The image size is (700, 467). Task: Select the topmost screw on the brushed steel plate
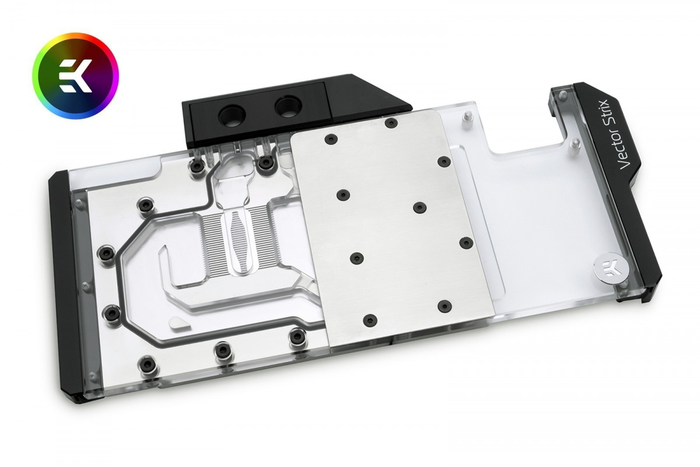click(391, 122)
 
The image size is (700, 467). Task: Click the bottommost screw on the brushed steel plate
click(369, 320)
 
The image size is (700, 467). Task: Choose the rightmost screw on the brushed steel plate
click(466, 242)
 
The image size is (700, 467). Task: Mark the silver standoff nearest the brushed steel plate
click(466, 120)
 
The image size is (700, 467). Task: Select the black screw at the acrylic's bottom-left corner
click(142, 367)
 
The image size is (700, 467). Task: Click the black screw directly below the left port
click(197, 166)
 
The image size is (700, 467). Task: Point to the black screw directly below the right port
click(266, 161)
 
